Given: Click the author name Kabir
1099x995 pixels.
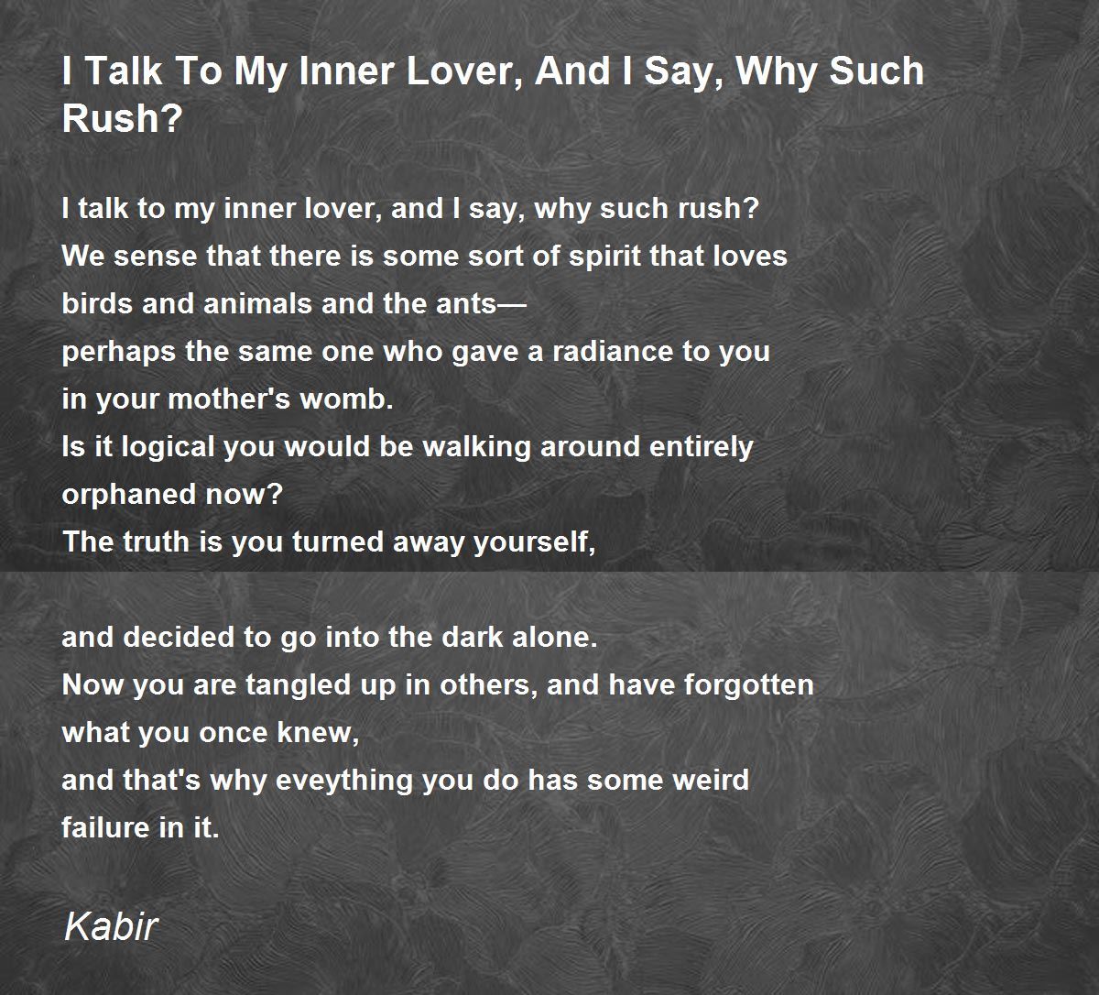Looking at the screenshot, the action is [x=111, y=927].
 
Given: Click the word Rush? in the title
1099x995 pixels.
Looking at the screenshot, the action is [x=122, y=118].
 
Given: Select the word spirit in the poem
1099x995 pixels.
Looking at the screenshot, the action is [x=604, y=257].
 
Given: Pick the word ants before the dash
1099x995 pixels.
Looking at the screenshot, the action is [x=466, y=304].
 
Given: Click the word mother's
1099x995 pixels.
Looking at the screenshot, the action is [x=228, y=399].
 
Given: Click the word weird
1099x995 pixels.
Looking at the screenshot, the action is [x=711, y=780].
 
